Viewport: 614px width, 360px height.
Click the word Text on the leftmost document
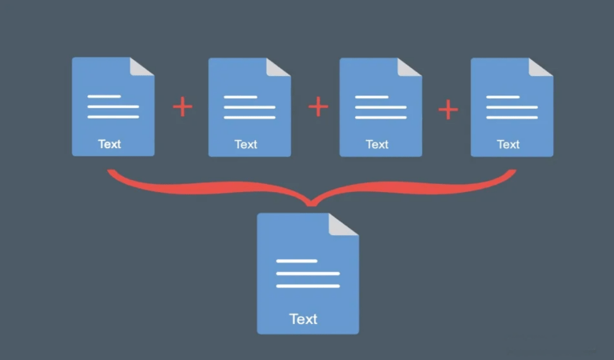click(110, 144)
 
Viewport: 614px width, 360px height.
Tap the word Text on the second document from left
click(246, 145)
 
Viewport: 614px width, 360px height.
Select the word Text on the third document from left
click(377, 145)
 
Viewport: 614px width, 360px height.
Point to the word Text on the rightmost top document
click(508, 145)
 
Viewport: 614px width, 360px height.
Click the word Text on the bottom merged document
click(304, 319)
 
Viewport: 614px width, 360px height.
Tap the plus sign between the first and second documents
click(182, 106)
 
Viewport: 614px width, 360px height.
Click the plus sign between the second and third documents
click(318, 106)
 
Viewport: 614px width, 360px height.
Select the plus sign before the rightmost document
click(449, 110)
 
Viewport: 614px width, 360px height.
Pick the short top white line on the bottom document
click(297, 261)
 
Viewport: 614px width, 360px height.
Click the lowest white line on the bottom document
click(308, 286)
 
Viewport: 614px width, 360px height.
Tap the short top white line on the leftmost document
click(104, 96)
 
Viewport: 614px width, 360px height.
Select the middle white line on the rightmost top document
click(512, 107)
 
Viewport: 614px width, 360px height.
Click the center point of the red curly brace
click(311, 203)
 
